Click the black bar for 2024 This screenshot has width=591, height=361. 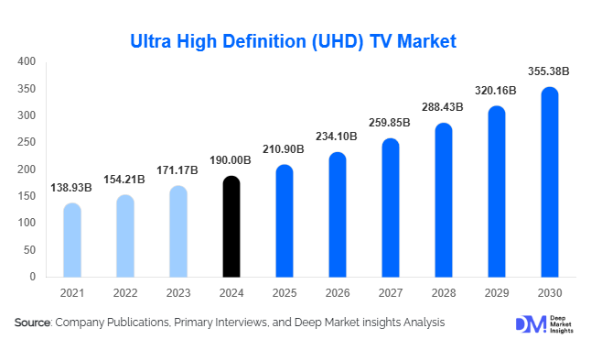pyautogui.click(x=231, y=226)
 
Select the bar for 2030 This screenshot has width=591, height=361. pyautogui.click(x=549, y=182)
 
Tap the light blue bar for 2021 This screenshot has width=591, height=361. pyautogui.click(x=72, y=240)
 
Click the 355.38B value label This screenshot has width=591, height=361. pyautogui.click(x=549, y=71)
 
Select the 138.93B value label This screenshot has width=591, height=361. pyautogui.click(x=72, y=187)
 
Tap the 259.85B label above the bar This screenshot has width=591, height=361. pyautogui.click(x=391, y=122)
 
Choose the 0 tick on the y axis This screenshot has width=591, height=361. pyautogui.click(x=32, y=277)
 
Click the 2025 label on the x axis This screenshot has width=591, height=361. pyautogui.click(x=285, y=292)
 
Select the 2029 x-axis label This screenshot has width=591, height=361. pyautogui.click(x=496, y=292)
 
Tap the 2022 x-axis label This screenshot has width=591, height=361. pyautogui.click(x=125, y=292)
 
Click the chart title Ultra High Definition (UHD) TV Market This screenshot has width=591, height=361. pyautogui.click(x=293, y=41)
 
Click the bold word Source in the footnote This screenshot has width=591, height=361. pyautogui.click(x=33, y=323)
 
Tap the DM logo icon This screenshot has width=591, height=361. pyautogui.click(x=528, y=324)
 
